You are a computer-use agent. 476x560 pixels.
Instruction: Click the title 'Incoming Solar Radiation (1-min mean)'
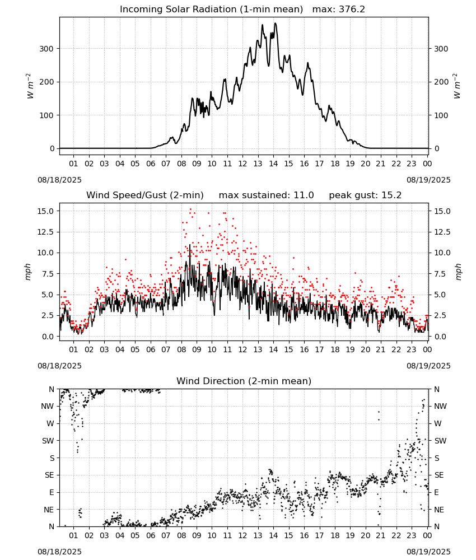(x=211, y=10)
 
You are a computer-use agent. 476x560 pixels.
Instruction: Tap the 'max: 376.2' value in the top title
(x=339, y=10)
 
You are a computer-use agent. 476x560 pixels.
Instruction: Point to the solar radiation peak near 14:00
(x=275, y=24)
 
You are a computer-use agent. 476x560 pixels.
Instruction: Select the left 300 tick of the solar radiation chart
(x=47, y=49)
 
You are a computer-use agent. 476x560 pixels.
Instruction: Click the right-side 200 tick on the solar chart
(x=441, y=82)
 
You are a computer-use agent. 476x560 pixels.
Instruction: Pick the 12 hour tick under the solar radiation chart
(x=242, y=164)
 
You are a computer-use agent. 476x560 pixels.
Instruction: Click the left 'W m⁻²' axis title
(x=30, y=86)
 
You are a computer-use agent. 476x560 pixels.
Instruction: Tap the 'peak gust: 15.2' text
(x=365, y=195)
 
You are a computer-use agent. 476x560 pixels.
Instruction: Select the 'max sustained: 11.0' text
(x=267, y=195)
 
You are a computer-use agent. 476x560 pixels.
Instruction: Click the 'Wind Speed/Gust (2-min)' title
(x=145, y=195)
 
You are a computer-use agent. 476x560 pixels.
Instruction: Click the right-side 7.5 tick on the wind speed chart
(x=440, y=274)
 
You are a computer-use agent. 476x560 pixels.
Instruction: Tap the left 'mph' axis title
(x=28, y=272)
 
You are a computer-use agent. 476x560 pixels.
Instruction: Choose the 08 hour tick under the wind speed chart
(x=181, y=349)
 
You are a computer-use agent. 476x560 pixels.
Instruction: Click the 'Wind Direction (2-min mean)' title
(x=244, y=381)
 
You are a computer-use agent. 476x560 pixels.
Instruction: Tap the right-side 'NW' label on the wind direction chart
(x=440, y=407)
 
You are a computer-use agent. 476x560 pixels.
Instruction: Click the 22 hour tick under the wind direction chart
(x=396, y=536)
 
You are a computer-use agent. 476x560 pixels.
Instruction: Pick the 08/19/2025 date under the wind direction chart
(x=428, y=552)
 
